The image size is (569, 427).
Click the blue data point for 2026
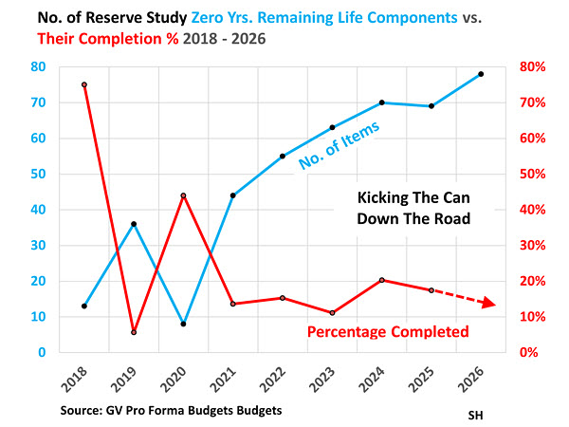point(481,74)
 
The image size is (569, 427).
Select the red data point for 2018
point(84,84)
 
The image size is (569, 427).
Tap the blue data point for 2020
point(183,324)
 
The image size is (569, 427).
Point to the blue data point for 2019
point(134,224)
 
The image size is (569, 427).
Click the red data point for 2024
point(381,280)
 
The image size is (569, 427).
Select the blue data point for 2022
point(283,157)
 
